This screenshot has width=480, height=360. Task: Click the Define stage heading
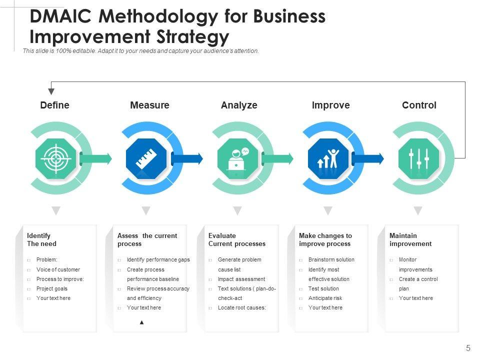pyautogui.click(x=54, y=105)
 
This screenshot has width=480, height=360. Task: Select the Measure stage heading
pyautogui.click(x=149, y=105)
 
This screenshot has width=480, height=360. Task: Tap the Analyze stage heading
pyautogui.click(x=239, y=105)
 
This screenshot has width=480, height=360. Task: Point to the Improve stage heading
pyautogui.click(x=330, y=105)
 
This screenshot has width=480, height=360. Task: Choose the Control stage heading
pyautogui.click(x=419, y=105)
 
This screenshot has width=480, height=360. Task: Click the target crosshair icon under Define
pyautogui.click(x=55, y=159)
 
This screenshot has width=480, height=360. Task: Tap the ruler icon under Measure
pyautogui.click(x=146, y=159)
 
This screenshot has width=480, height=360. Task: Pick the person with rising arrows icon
pyautogui.click(x=328, y=159)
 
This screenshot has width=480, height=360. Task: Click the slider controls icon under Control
pyautogui.click(x=418, y=159)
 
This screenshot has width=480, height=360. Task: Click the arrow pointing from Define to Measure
pyautogui.click(x=96, y=159)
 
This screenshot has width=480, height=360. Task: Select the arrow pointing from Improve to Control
pyautogui.click(x=368, y=159)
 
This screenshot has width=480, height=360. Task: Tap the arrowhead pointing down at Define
pyautogui.click(x=51, y=91)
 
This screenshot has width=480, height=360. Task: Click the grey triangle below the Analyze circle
pyautogui.click(x=237, y=210)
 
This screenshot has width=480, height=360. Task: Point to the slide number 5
pyautogui.click(x=468, y=348)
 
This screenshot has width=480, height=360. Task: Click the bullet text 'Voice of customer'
pyautogui.click(x=58, y=269)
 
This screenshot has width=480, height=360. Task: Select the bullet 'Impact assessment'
pyautogui.click(x=241, y=279)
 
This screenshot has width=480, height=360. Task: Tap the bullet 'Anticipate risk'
pyautogui.click(x=325, y=298)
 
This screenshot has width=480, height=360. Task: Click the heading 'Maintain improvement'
pyautogui.click(x=410, y=239)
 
